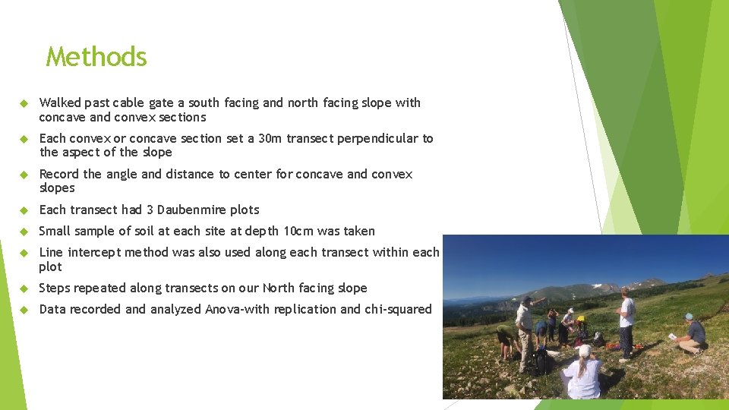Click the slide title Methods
[96, 57]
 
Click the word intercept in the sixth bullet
[99, 252]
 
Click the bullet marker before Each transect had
[24, 210]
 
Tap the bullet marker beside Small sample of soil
[24, 231]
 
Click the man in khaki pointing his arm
[525, 330]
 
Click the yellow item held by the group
[581, 319]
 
